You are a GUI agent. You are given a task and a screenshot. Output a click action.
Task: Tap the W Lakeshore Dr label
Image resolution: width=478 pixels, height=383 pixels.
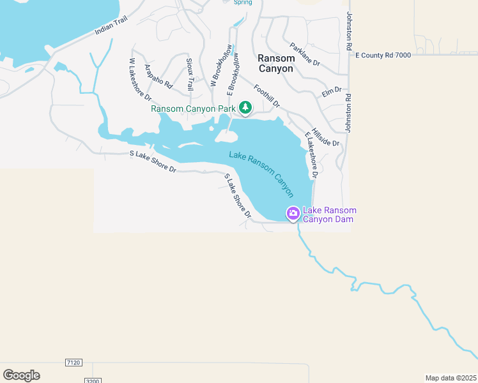[140, 79]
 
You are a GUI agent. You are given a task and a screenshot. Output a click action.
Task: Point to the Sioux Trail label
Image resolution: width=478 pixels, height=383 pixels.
[190, 74]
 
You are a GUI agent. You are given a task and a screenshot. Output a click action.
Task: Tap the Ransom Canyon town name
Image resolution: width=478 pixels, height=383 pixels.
[275, 63]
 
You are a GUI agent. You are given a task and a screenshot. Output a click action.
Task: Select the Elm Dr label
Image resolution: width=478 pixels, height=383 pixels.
[332, 92]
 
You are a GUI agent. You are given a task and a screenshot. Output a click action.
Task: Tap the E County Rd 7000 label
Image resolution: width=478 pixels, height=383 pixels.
[383, 56]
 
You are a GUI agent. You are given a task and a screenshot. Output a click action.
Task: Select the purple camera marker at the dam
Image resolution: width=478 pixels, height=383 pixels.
[293, 213]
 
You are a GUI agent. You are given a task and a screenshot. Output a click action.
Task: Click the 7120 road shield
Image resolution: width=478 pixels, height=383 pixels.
[73, 363]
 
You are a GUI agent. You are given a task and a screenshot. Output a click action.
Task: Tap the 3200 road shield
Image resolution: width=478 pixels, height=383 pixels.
[93, 380]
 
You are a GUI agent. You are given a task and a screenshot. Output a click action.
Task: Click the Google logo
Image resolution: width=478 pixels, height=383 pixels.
[21, 375]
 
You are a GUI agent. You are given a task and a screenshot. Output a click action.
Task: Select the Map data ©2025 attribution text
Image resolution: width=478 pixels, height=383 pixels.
[451, 378]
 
